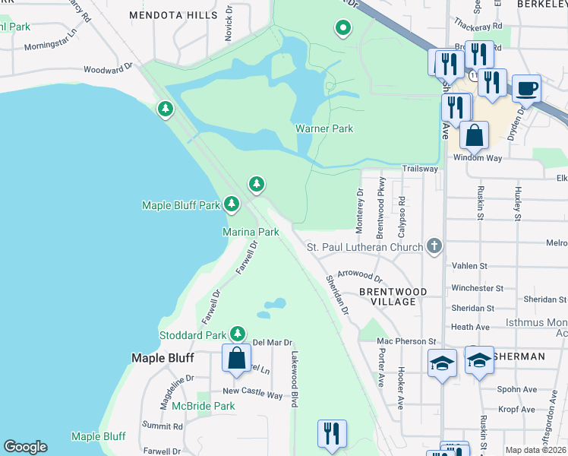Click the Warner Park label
coord(324,128)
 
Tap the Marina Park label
coord(251,231)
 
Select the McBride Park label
coord(203,406)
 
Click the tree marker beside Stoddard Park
coord(238,334)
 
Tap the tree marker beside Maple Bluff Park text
coord(232,204)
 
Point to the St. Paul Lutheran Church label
coord(364,247)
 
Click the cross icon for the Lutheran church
coord(434,245)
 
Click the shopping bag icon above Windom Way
coord(474,135)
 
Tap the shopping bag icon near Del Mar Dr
coord(236,356)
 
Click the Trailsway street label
coord(420,169)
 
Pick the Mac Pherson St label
coord(406,341)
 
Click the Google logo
coord(25,447)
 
